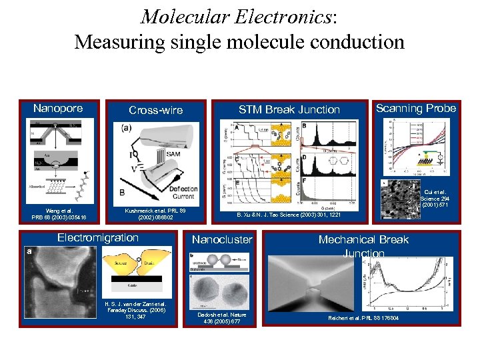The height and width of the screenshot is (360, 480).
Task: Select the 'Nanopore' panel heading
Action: click(x=58, y=108)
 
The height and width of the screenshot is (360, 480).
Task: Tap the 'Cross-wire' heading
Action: click(x=155, y=110)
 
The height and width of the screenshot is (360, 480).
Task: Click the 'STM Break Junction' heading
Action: click(x=289, y=109)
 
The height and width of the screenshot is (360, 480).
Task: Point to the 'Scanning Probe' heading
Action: click(x=415, y=108)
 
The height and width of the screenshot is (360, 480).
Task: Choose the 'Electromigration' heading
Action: click(x=98, y=237)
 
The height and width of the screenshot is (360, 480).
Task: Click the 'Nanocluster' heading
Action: click(x=222, y=239)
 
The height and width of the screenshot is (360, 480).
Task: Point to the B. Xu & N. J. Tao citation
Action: click(x=289, y=215)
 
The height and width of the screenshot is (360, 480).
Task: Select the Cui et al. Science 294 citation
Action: click(x=437, y=197)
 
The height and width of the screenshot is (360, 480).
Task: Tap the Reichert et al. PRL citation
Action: click(x=363, y=317)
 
